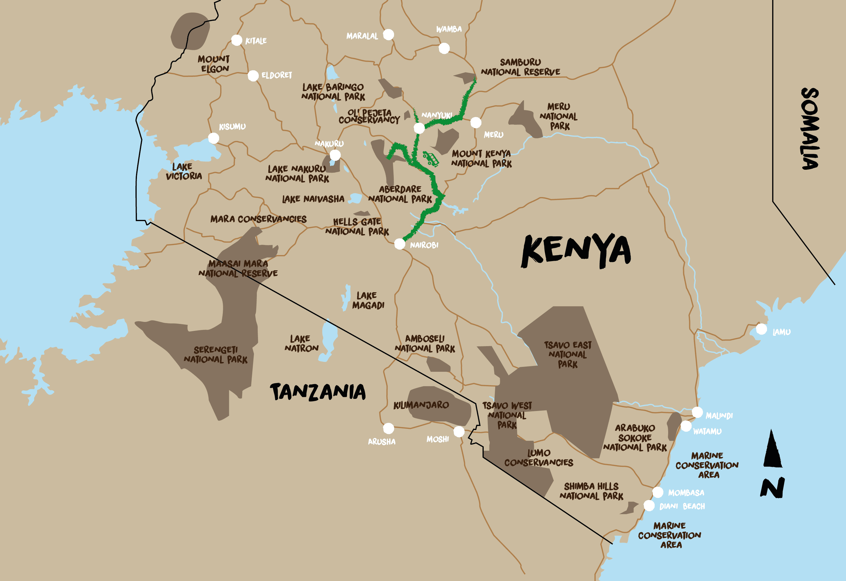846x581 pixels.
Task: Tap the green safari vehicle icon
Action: tap(431, 159)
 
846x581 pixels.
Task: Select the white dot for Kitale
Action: tap(237, 40)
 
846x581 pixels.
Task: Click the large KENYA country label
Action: tap(576, 250)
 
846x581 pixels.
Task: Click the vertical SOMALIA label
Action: tap(810, 129)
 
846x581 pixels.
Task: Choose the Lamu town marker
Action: tap(761, 329)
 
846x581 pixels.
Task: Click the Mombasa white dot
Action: tap(657, 492)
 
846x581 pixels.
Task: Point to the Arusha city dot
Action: tap(389, 428)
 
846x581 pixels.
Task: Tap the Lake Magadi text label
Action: tap(368, 300)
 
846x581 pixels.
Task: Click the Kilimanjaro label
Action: tap(421, 405)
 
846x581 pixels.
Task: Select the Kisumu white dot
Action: tap(214, 138)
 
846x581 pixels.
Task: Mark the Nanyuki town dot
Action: tap(419, 128)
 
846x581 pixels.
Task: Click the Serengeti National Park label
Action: tap(216, 354)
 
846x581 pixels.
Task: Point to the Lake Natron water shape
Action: tap(329, 339)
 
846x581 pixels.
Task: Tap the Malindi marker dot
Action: tap(697, 412)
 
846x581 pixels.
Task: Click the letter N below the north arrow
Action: tap(772, 488)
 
